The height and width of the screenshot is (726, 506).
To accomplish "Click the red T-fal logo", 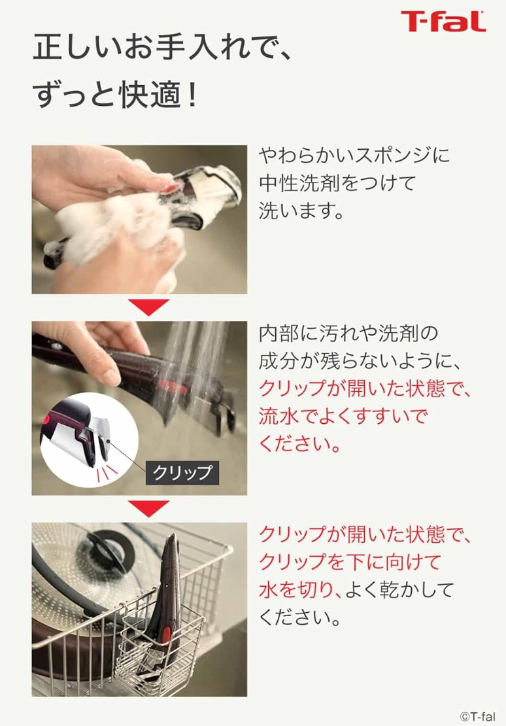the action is coord(443,22).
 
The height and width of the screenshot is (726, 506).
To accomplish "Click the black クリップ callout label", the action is coord(182,473).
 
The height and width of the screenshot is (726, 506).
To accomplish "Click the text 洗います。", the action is coord(301,211).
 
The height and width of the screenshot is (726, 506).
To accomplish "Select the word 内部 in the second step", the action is coord(278,334).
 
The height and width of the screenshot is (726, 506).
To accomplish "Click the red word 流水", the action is coord(278,416).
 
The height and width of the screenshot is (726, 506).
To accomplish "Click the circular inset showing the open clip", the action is coord(90,440).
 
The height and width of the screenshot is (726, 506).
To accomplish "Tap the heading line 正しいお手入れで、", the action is coord(163,48).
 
